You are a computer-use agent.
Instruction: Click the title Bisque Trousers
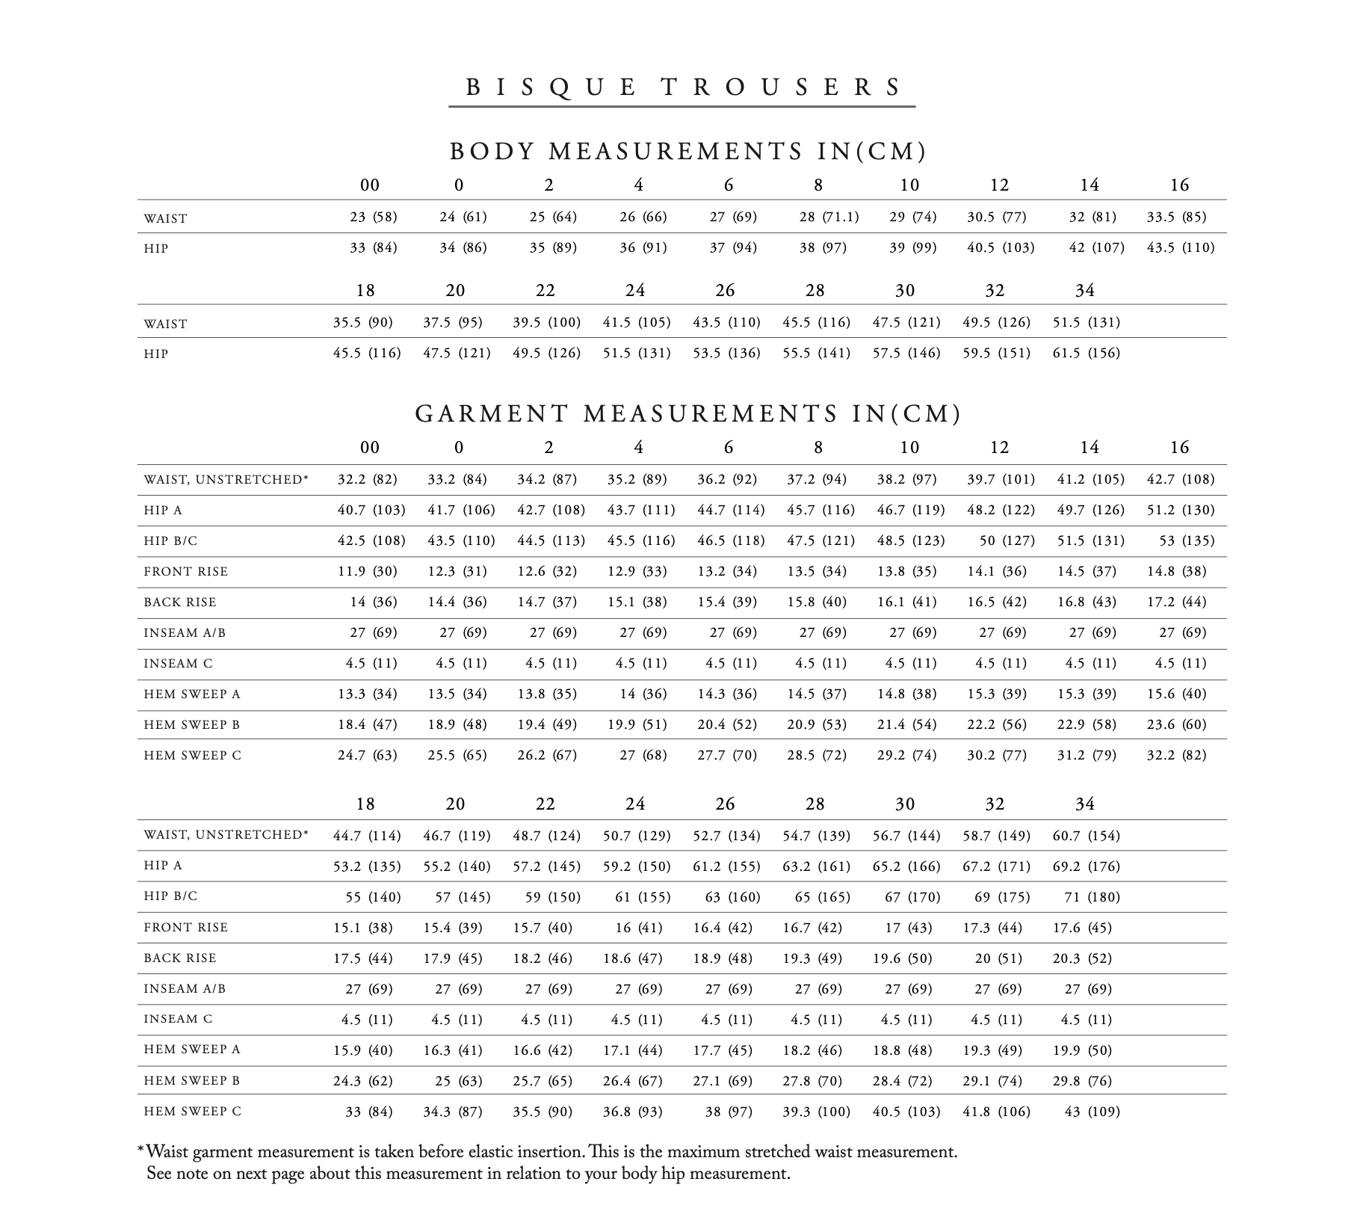pos(682,87)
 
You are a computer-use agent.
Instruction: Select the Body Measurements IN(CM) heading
pos(688,152)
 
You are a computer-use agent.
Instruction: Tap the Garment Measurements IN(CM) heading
pos(688,414)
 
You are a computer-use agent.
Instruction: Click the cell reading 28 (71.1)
pos(829,217)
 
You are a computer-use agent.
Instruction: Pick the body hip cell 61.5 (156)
pos(1086,353)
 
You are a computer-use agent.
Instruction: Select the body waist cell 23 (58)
pos(373,217)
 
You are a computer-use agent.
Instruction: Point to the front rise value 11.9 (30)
pos(367,572)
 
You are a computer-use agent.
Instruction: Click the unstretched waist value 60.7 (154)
pos(1086,835)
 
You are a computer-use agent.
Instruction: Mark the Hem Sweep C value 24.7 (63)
pos(367,755)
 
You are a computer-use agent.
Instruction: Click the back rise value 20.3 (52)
pos(1082,958)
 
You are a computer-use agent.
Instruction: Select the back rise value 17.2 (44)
pos(1176,603)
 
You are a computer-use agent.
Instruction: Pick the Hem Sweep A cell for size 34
pos(1082,1050)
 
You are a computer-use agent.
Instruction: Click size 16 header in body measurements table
pos(1179,185)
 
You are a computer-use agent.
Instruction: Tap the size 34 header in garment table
pos(1084,804)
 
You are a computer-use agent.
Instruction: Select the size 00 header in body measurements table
pos(369,185)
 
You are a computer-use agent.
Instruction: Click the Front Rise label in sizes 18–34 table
pos(185,928)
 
